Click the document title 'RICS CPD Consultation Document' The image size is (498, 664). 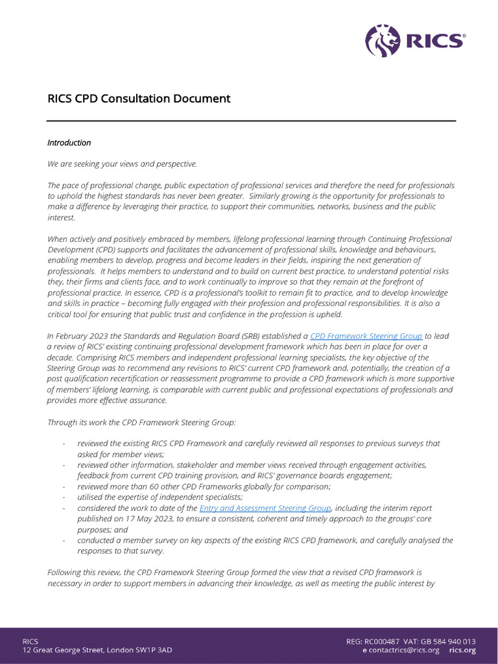(x=139, y=99)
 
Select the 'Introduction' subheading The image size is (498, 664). (x=69, y=143)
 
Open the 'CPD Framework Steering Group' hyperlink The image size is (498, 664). (x=366, y=336)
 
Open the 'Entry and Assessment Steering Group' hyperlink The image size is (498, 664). (x=266, y=508)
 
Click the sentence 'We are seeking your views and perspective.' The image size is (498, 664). (x=122, y=164)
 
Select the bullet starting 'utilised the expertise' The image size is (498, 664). (x=160, y=497)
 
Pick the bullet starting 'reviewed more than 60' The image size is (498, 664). (x=204, y=486)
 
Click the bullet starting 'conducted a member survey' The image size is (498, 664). (x=265, y=540)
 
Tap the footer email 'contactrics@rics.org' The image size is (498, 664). (x=403, y=650)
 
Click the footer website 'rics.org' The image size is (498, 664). (x=462, y=650)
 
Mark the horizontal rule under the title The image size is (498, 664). (x=251, y=121)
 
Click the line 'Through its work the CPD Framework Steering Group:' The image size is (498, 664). (x=142, y=422)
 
